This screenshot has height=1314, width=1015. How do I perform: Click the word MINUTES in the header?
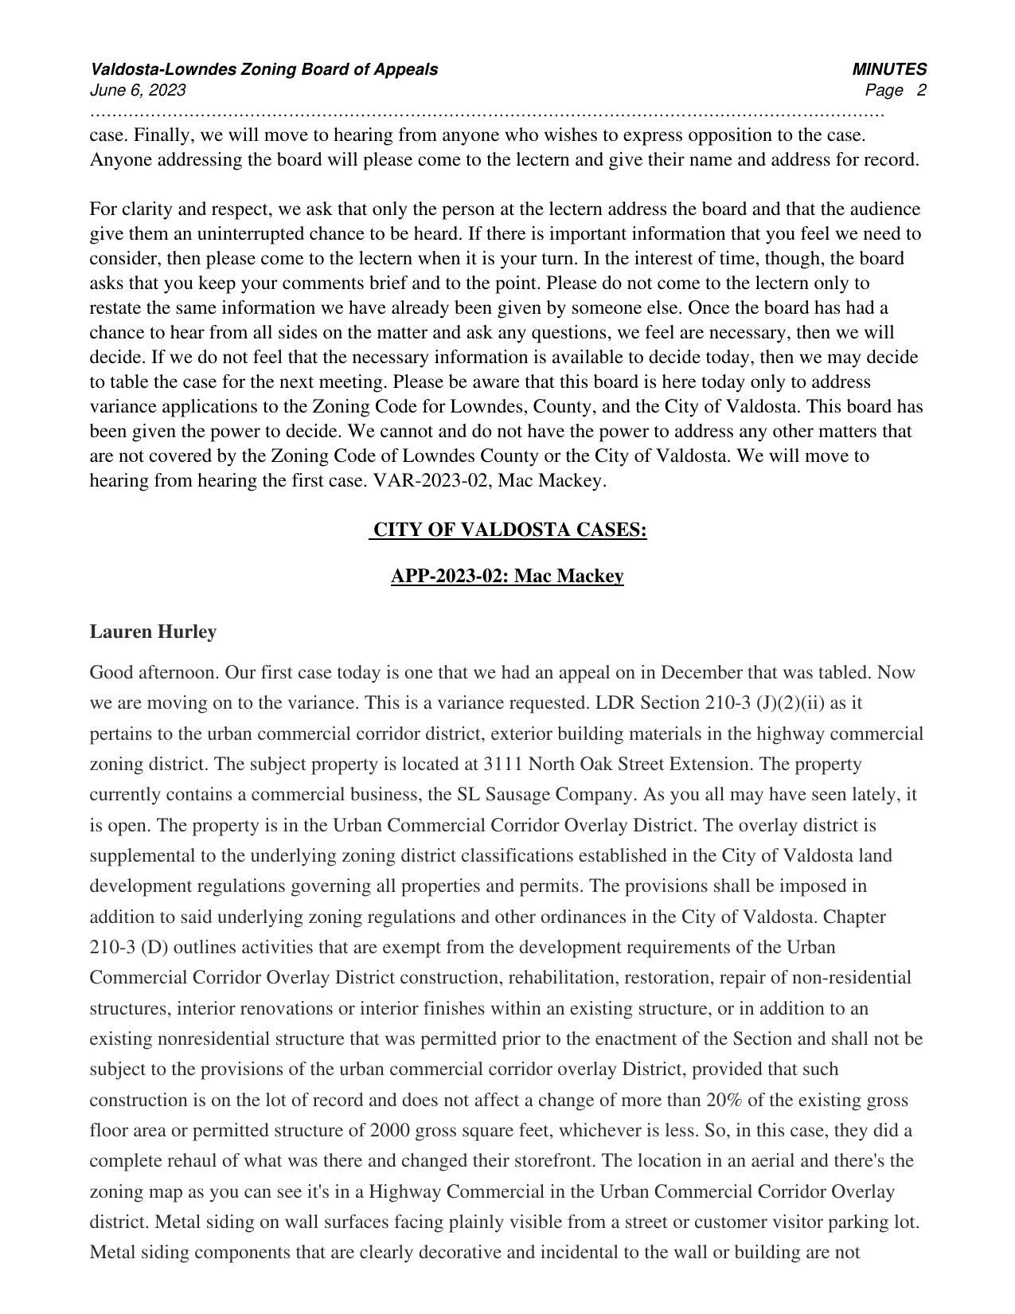pyautogui.click(x=888, y=69)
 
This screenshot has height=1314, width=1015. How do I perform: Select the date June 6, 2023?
pyautogui.click(x=138, y=90)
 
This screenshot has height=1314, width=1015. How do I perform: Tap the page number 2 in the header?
pyautogui.click(x=921, y=90)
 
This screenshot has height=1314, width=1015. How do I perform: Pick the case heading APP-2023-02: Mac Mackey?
pyautogui.click(x=507, y=576)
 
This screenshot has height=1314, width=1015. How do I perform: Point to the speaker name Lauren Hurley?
pyautogui.click(x=153, y=632)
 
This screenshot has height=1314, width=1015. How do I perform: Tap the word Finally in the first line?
pyautogui.click(x=164, y=135)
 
